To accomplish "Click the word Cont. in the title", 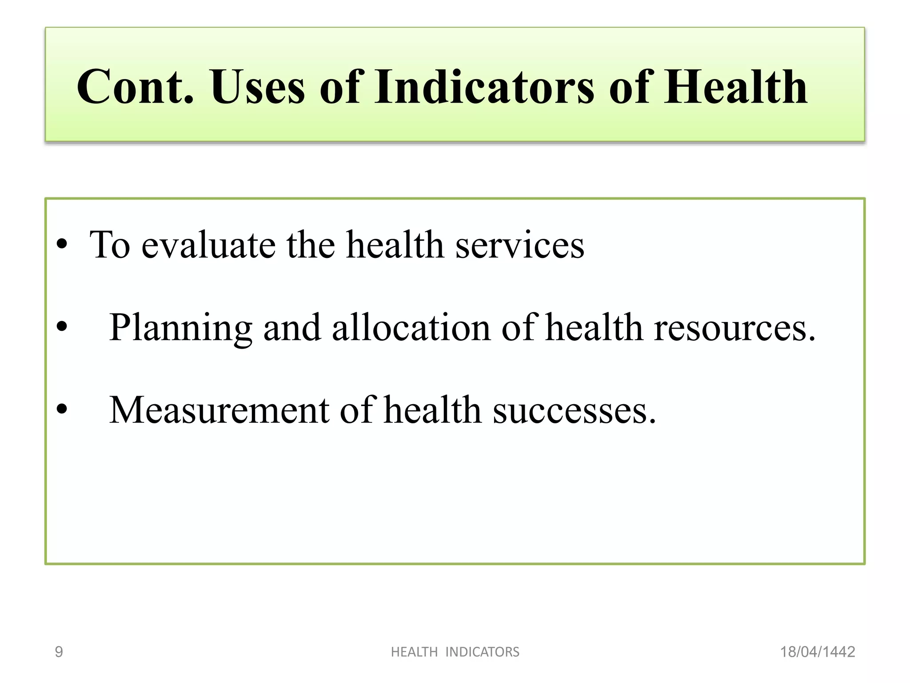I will [x=136, y=87].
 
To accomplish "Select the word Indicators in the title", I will [x=484, y=87].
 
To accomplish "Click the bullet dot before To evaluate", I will [x=62, y=244].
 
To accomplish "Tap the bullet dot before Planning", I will [x=62, y=327].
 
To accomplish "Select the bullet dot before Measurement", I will [x=62, y=409].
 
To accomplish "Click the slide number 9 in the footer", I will [x=59, y=652].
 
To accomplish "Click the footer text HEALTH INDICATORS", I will [x=455, y=652].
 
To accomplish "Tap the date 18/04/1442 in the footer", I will [x=818, y=652].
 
